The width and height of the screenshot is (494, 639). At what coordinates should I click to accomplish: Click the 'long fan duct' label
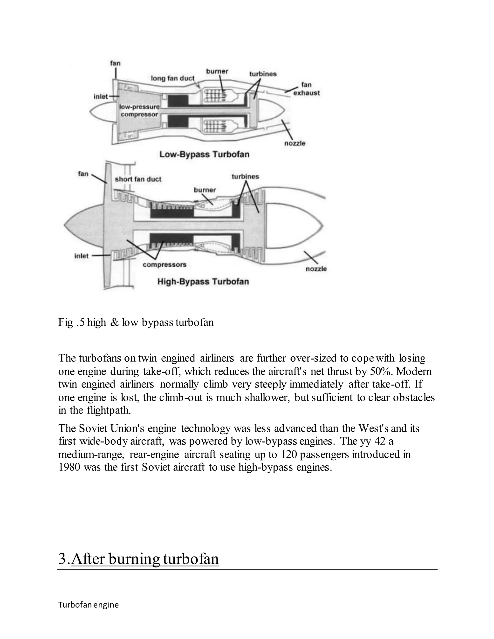tap(172, 78)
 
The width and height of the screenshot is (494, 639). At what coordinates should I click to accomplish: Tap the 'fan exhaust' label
tap(306, 89)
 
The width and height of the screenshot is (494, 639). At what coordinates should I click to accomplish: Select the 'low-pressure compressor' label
tap(139, 111)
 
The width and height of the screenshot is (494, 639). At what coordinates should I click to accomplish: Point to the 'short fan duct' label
tap(138, 179)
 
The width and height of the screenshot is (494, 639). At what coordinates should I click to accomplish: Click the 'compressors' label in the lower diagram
tap(165, 265)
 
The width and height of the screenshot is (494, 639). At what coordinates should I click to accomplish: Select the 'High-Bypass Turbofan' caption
tap(203, 281)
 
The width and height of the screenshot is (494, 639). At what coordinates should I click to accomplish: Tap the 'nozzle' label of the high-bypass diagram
tap(316, 269)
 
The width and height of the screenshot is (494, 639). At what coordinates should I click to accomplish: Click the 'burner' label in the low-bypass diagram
tap(217, 71)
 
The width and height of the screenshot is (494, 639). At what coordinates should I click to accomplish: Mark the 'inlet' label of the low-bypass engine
tap(100, 96)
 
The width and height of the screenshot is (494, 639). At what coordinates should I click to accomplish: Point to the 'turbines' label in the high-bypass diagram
tap(245, 177)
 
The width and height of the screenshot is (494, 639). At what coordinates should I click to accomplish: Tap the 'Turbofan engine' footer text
tap(88, 605)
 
